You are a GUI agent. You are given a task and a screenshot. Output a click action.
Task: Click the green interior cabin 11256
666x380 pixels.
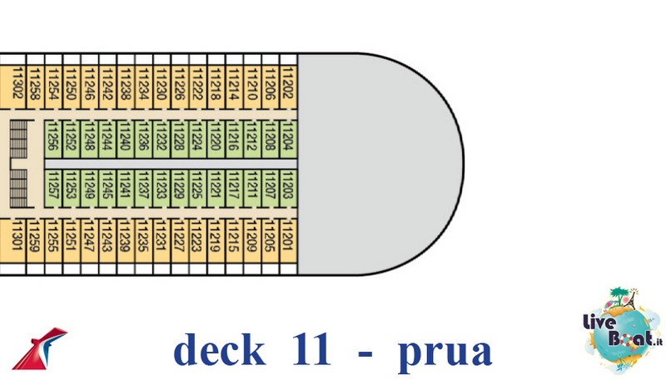52,136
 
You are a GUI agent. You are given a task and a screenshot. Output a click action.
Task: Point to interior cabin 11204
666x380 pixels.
288,136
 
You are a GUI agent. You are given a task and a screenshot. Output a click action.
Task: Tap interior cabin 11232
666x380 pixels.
162,136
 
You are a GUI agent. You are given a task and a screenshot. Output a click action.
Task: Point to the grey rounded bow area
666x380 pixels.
383,162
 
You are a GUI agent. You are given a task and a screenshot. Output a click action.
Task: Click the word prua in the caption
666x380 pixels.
445,352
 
